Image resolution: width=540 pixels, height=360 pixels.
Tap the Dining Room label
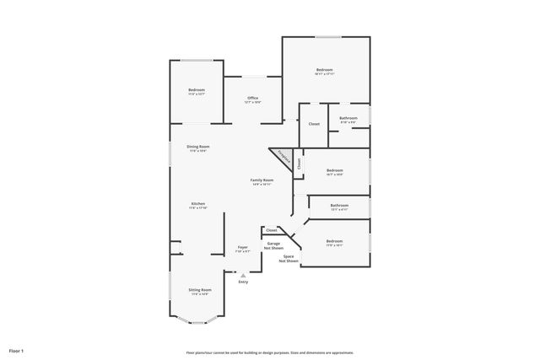click(x=198, y=148)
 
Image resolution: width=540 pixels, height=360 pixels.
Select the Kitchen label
click(x=198, y=205)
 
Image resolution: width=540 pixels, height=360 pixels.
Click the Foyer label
click(x=242, y=249)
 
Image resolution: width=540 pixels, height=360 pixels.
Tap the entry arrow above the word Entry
click(x=243, y=275)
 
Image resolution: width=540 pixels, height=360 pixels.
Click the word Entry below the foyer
click(x=243, y=282)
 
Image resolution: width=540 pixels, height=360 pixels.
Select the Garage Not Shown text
click(x=273, y=245)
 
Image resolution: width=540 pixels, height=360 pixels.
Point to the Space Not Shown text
click(x=290, y=259)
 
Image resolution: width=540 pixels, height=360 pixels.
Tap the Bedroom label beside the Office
click(x=196, y=91)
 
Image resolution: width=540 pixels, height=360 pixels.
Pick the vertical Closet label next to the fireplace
click(x=298, y=164)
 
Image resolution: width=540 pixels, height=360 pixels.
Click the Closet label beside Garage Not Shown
click(x=272, y=230)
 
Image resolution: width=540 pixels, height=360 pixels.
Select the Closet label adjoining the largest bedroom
click(x=314, y=124)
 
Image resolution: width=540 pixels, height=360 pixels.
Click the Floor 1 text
click(x=17, y=350)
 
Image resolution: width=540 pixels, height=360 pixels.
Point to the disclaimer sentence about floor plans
click(x=270, y=352)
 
